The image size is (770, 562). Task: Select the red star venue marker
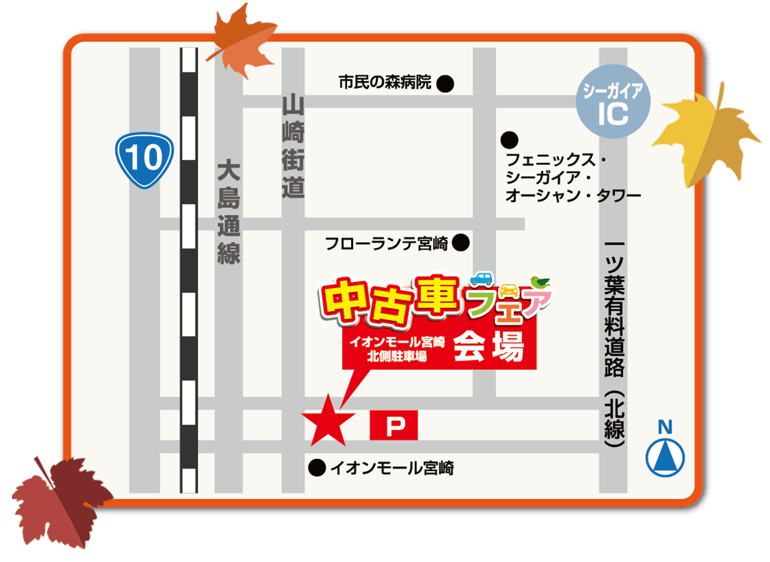click(x=328, y=420)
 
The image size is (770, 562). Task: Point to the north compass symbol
click(x=665, y=455)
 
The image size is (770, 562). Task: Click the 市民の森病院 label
click(x=384, y=83)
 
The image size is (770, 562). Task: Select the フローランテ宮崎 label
click(x=387, y=243)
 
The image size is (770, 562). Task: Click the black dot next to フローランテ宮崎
click(x=461, y=243)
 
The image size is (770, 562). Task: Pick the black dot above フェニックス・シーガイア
click(x=509, y=140)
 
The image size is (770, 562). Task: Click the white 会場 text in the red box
click(x=489, y=347)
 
